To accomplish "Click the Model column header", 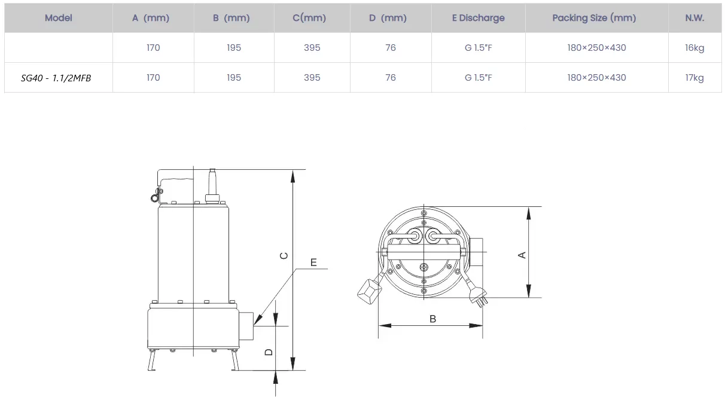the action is [58, 18].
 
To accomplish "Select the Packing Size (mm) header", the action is [594, 18].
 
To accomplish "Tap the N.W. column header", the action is [694, 18].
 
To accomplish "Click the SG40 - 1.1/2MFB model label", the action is [56, 78].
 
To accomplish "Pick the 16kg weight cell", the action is [694, 48].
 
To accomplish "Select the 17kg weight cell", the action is [694, 78].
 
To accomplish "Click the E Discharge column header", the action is [478, 18].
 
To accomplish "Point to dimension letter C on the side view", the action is [284, 256].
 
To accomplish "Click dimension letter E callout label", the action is [313, 262].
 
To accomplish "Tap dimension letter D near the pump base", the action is [269, 352].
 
